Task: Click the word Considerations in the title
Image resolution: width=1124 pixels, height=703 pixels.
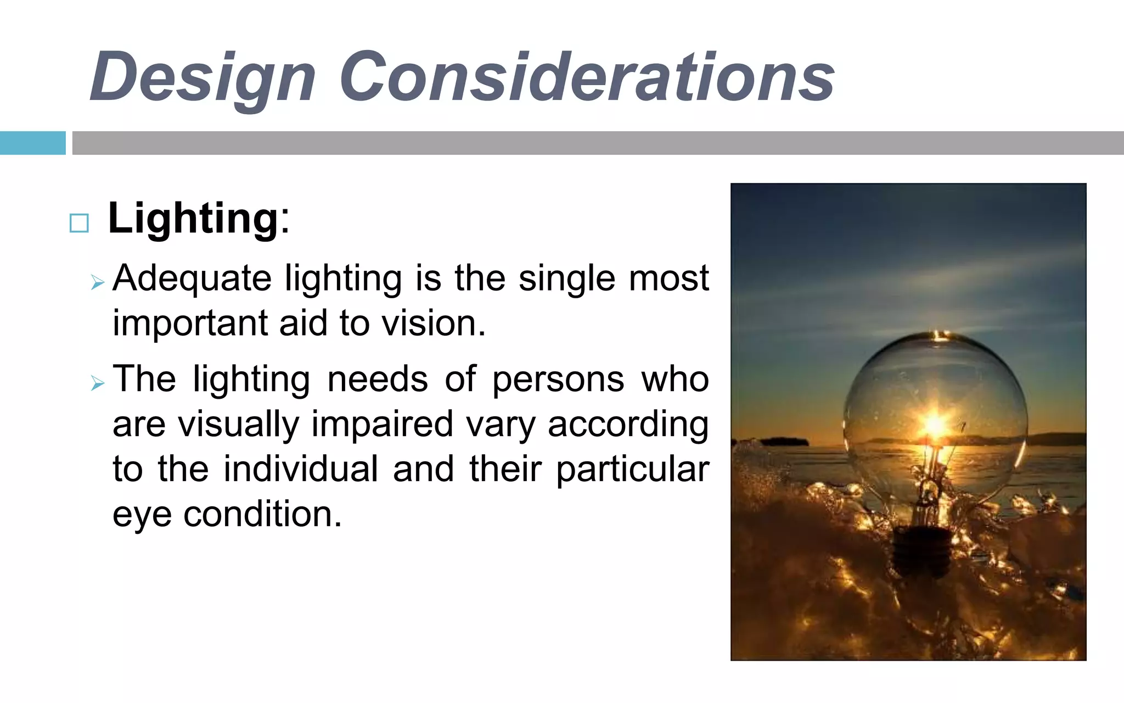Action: (x=587, y=77)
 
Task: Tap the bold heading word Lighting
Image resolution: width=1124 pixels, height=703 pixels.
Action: (x=193, y=219)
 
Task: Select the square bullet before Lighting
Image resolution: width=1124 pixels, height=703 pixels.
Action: (x=80, y=223)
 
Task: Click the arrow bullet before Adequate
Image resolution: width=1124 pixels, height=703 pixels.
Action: (x=98, y=283)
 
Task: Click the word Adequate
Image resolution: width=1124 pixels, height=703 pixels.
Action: (x=192, y=278)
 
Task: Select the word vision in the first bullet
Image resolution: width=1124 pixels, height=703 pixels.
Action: (x=433, y=323)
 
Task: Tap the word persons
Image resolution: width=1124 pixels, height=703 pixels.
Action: (x=558, y=380)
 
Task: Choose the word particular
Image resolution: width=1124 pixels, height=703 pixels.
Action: (x=632, y=470)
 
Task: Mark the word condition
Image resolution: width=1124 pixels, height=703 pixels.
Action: (x=262, y=515)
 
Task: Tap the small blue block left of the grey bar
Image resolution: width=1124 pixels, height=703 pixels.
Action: (x=32, y=143)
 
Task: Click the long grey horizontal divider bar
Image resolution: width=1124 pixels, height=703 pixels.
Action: (x=597, y=143)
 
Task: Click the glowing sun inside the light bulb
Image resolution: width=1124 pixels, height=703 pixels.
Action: (x=935, y=424)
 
